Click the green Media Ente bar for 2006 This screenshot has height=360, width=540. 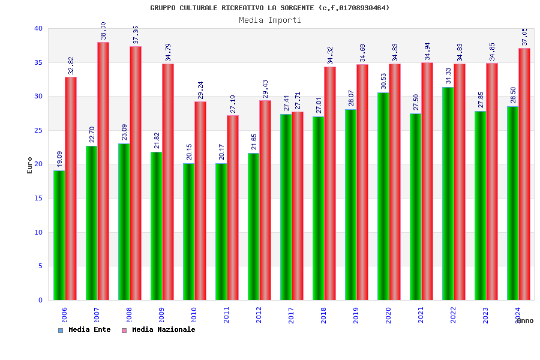[x=59, y=235]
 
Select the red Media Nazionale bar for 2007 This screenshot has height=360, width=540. [x=103, y=171]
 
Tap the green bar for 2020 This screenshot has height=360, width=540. [x=383, y=196]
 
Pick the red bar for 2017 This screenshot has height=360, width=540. [x=298, y=206]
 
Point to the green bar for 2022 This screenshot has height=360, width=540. [x=448, y=193]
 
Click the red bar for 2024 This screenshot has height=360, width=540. [x=524, y=174]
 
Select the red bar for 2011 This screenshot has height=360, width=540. [x=233, y=208]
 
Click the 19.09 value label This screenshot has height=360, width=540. [x=59, y=159]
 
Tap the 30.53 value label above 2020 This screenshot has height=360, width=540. [x=383, y=81]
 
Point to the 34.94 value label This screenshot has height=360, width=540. [x=427, y=51]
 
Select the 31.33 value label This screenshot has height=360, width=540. [x=448, y=75]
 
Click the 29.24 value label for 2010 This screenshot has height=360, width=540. [x=200, y=89]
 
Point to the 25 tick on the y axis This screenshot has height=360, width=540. [x=38, y=130]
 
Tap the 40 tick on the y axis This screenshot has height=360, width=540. [x=38, y=28]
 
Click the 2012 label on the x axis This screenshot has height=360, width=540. [x=259, y=315]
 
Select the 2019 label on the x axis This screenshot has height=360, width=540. [x=356, y=315]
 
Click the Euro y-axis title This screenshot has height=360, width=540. [x=30, y=165]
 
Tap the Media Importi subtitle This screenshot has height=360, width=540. [x=270, y=20]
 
